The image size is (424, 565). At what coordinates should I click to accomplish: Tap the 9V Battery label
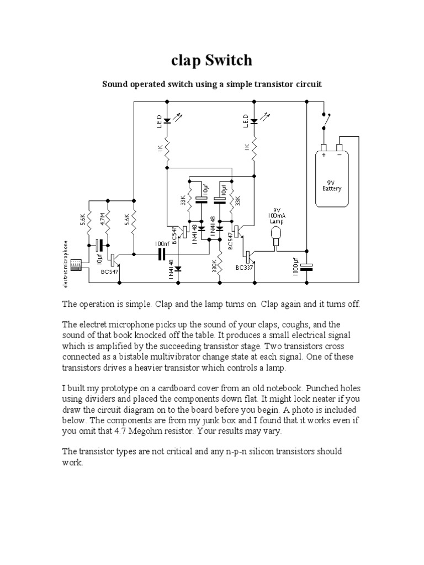(332, 185)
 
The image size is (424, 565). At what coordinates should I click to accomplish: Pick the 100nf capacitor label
(161, 243)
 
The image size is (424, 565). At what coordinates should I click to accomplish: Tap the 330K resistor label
(213, 269)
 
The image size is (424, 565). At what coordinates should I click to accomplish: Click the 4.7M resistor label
(102, 218)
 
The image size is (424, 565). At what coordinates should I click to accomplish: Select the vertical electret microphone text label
(66, 264)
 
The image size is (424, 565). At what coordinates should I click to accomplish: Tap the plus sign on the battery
(324, 156)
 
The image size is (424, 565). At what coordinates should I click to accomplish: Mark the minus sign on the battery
(339, 156)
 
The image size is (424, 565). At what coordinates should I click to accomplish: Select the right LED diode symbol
(253, 121)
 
